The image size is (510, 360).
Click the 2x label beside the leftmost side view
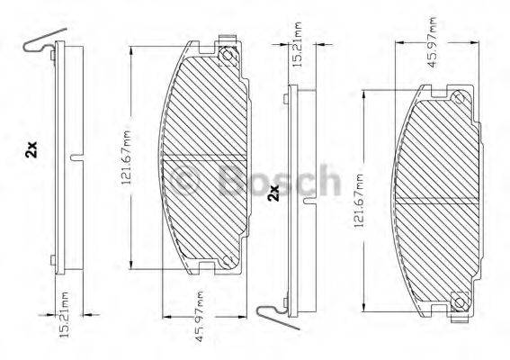point(31,150)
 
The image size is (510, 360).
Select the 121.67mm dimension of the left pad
point(127,153)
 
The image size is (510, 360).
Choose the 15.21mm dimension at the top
point(298,39)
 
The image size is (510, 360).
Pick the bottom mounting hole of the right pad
point(457,300)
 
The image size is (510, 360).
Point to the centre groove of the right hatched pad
point(436,201)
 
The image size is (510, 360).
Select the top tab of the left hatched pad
point(229,40)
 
